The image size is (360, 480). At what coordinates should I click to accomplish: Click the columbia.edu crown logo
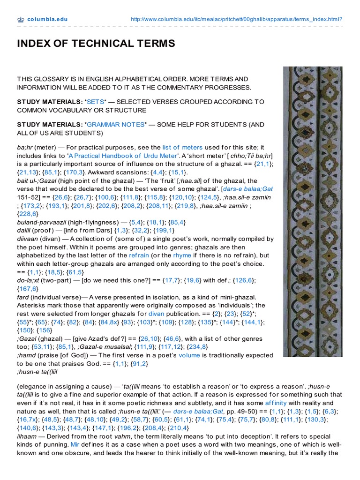pyautogui.click(x=20, y=20)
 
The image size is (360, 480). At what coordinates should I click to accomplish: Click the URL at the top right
pyautogui.click(x=236, y=20)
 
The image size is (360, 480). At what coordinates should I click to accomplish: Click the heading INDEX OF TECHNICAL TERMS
pyautogui.click(x=96, y=44)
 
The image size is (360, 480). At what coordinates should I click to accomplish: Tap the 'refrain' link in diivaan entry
pyautogui.click(x=139, y=255)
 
